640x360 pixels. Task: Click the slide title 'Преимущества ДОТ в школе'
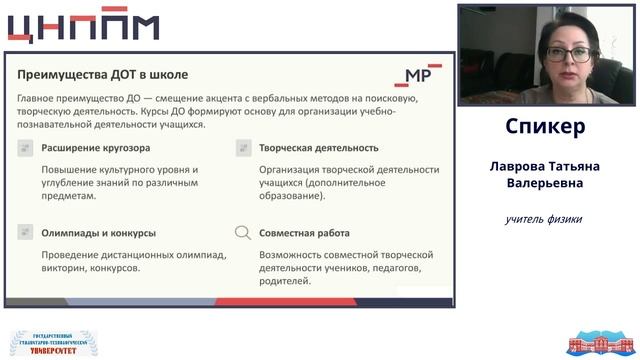coord(103,74)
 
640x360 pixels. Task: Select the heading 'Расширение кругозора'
coord(96,148)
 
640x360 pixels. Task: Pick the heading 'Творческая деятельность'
coord(312,148)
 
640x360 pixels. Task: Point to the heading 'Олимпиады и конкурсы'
coord(98,233)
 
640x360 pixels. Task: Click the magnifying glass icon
coord(242,233)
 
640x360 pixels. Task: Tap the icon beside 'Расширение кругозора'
coord(25,148)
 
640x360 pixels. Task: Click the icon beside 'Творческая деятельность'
coord(242,148)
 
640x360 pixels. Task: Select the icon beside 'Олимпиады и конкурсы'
coord(25,233)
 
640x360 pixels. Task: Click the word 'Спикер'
coord(545,128)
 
